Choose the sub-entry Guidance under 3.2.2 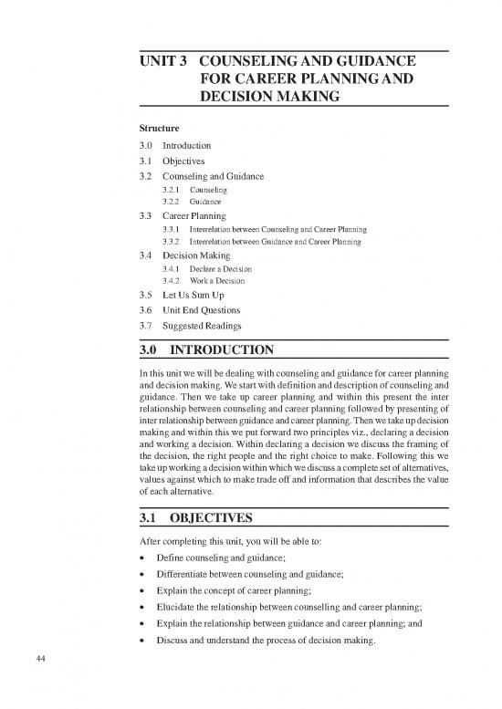[205, 201]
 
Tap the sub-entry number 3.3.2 [172, 242]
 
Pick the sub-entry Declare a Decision [220, 270]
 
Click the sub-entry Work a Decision [215, 283]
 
